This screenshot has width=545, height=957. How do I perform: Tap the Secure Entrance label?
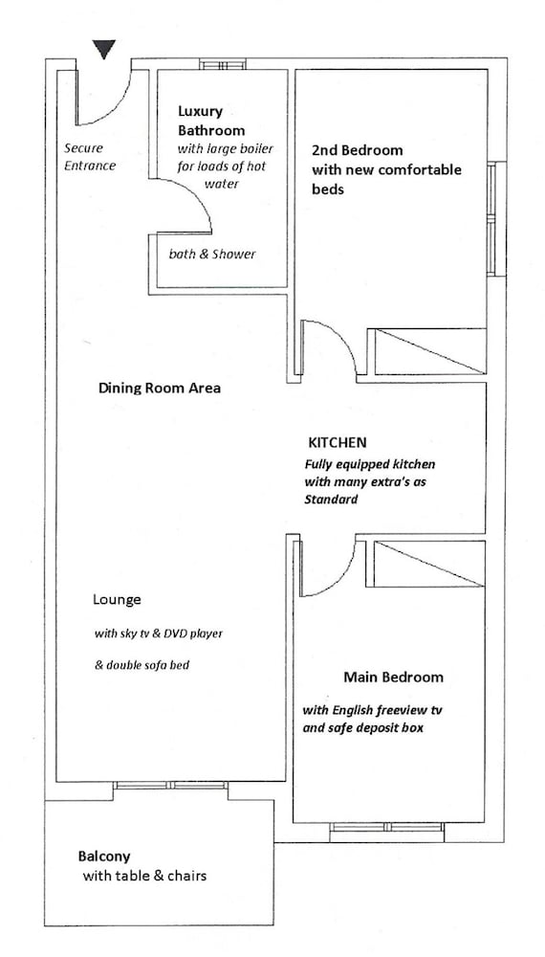(90, 156)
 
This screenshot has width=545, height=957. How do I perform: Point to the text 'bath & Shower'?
(212, 254)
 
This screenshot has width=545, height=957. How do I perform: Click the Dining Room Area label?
(160, 389)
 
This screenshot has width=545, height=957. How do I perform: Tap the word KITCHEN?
(338, 442)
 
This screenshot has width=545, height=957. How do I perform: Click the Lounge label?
(117, 600)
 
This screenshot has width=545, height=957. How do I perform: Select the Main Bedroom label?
(393, 677)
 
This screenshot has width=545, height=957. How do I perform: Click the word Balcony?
(103, 857)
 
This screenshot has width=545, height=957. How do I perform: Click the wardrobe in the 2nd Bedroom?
(429, 351)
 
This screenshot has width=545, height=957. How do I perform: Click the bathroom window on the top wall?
(223, 64)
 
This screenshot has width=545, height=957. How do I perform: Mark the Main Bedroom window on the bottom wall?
(387, 828)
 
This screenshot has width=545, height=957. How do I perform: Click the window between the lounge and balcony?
(171, 786)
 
